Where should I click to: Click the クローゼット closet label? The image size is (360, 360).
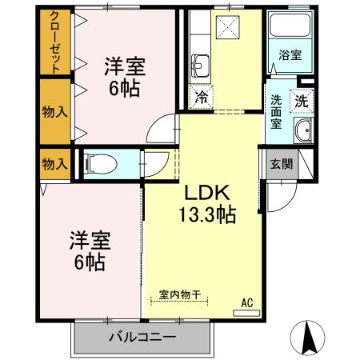pyautogui.click(x=54, y=42)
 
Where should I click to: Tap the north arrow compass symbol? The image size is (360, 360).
pyautogui.click(x=310, y=338)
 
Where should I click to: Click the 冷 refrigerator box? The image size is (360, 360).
pyautogui.click(x=200, y=98)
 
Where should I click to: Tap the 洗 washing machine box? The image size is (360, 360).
pyautogui.click(x=301, y=101)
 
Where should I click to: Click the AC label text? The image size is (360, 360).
pyautogui.click(x=247, y=302)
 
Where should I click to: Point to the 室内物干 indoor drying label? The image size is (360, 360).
pyautogui.click(x=178, y=294)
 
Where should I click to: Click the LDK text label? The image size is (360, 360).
pyautogui.click(x=209, y=194)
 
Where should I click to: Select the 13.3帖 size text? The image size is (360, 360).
pyautogui.click(x=206, y=214)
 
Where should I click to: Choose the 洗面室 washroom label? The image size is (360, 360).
pyautogui.click(x=276, y=113)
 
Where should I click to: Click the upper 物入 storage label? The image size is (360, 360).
pyautogui.click(x=54, y=110)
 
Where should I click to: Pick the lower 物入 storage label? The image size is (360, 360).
pyautogui.click(x=54, y=164)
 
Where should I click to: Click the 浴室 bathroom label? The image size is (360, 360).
pyautogui.click(x=289, y=55)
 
